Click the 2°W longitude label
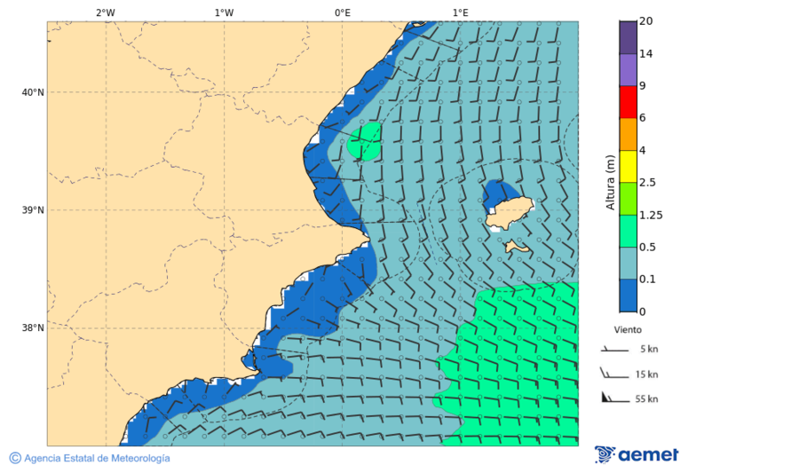(x=105, y=12)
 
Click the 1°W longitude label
(x=224, y=12)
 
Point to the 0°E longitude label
(x=342, y=12)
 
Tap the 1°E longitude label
(x=460, y=12)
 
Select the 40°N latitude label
(x=34, y=92)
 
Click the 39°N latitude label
(x=34, y=210)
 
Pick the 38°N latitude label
(x=34, y=327)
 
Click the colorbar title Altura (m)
(x=610, y=182)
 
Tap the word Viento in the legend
(x=628, y=329)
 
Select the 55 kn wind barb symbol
(x=613, y=398)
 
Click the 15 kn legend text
(x=646, y=374)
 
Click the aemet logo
(x=637, y=454)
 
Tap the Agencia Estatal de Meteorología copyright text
(x=90, y=458)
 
